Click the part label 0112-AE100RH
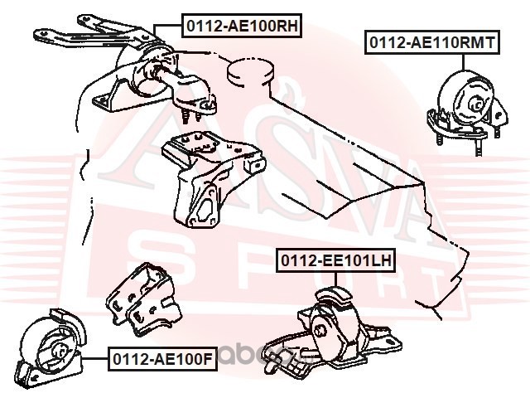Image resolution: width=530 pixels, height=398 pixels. (x=242, y=26)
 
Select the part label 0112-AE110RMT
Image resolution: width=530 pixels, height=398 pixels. (x=431, y=42)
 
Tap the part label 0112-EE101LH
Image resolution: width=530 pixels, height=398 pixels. (x=335, y=260)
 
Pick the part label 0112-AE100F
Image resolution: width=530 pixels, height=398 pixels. (x=162, y=359)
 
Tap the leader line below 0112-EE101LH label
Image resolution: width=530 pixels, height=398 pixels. (x=335, y=280)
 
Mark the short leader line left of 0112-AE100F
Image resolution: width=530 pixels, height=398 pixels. (x=95, y=358)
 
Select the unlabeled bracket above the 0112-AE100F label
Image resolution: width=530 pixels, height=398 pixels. (x=143, y=299)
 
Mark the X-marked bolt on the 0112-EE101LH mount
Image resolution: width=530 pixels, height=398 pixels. (x=319, y=331)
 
